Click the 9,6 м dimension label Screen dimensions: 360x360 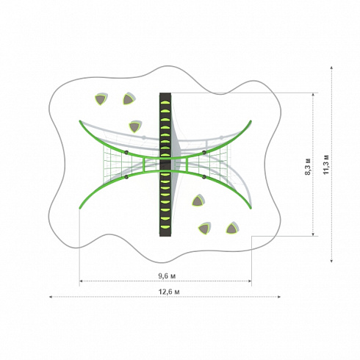(167, 276)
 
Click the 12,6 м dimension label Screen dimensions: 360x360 (169, 292)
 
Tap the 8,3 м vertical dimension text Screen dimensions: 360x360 (308, 167)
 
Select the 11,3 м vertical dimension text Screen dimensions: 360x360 (326, 165)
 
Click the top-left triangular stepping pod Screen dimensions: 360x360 (101, 98)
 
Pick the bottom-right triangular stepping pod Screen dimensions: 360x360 (231, 228)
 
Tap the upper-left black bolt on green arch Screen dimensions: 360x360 (126, 152)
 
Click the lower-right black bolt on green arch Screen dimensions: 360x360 (204, 177)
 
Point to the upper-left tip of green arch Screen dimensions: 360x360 (79, 120)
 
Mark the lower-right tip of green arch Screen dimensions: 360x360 (251, 208)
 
